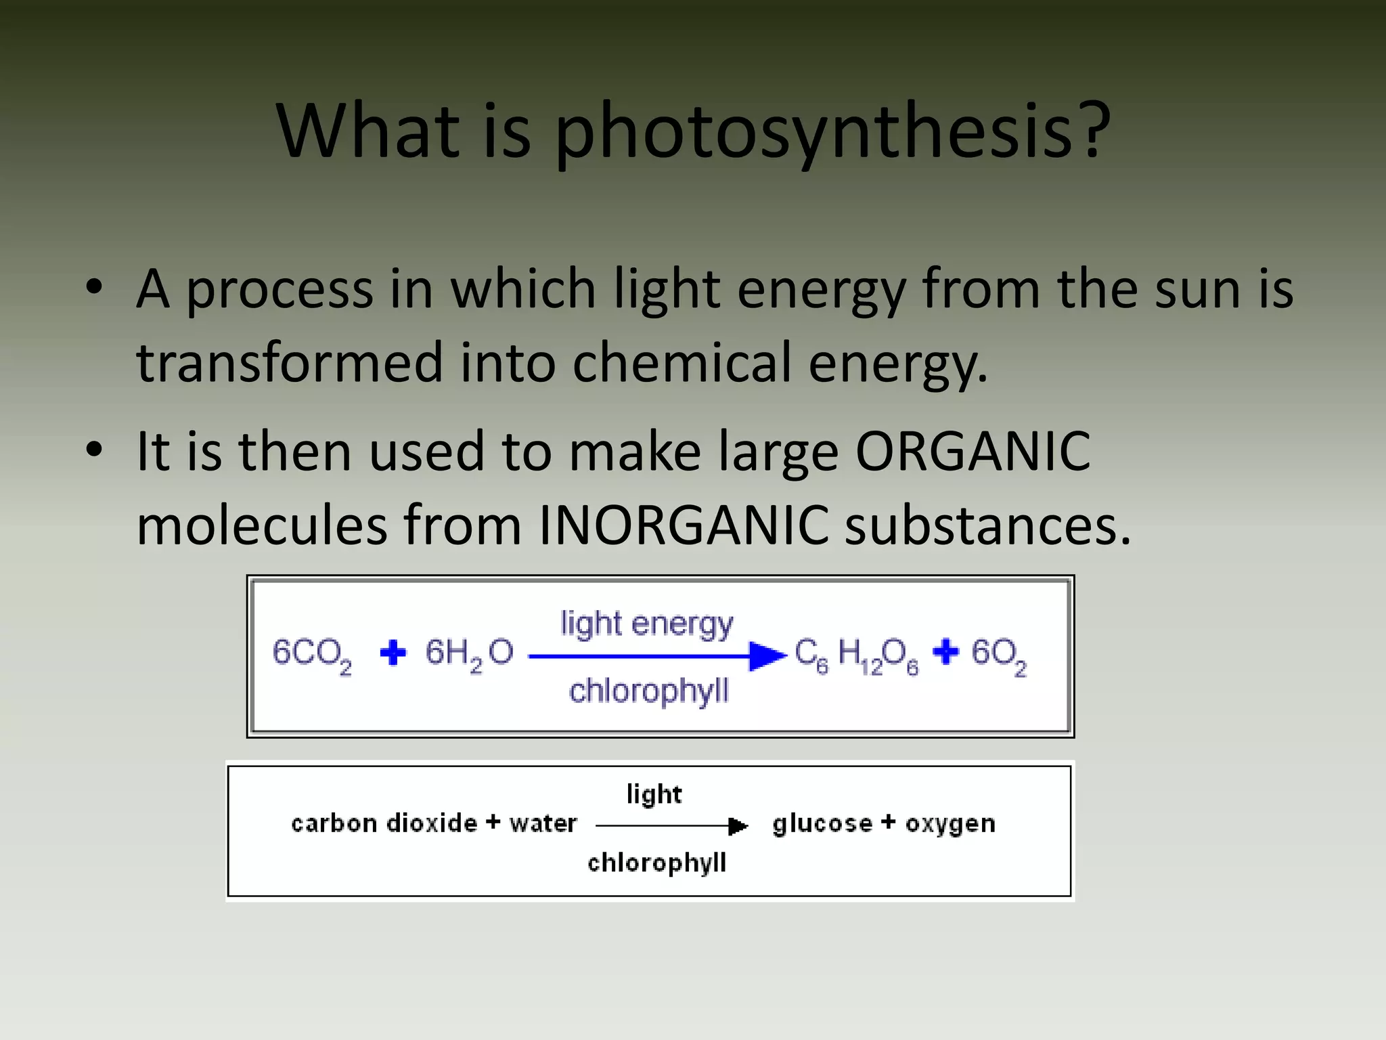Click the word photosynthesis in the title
832,132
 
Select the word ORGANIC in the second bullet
973,452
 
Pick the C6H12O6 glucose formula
856,655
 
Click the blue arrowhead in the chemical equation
767,656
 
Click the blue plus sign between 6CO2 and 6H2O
393,653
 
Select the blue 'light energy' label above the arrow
646,624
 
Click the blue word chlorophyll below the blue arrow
648,691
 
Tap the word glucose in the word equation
822,824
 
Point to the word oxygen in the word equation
950,824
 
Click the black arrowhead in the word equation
738,826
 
